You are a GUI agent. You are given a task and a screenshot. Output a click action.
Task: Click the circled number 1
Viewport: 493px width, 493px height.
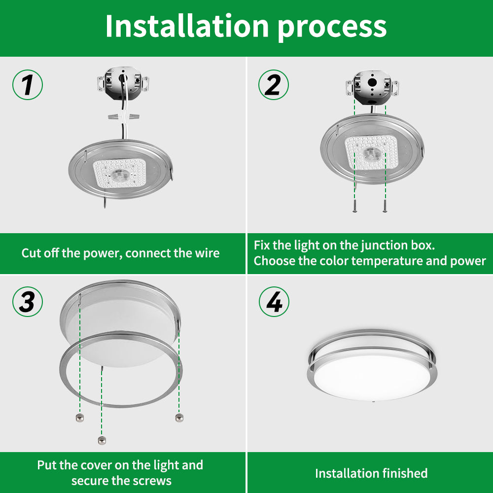coord(28,85)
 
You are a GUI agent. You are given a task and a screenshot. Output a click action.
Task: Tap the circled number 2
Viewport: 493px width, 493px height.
coord(274,85)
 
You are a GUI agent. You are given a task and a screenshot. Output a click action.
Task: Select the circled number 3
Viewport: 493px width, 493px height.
coord(28,302)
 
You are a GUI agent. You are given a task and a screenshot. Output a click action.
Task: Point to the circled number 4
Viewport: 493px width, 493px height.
coord(274,302)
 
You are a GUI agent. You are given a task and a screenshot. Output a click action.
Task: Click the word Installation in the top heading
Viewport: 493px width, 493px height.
coord(187,26)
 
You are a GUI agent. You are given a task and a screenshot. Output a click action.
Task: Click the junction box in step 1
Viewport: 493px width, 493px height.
coord(123,82)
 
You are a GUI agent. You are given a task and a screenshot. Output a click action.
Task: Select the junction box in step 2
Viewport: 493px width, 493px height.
coord(372,87)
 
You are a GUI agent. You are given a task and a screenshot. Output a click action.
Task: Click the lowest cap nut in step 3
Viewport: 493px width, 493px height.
coord(102,440)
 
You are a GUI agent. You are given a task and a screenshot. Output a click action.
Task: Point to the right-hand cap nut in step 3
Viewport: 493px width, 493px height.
coord(179,418)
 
